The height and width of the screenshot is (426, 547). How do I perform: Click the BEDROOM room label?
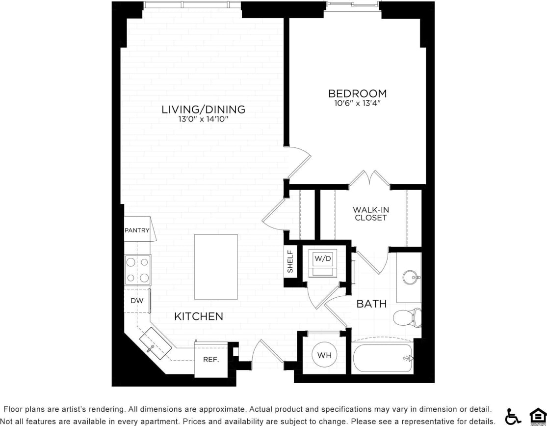click(x=357, y=93)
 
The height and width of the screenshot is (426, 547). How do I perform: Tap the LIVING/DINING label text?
click(x=203, y=109)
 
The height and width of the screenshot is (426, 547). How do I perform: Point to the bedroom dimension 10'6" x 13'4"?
click(x=357, y=104)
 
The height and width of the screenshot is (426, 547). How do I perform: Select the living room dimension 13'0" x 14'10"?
click(x=203, y=119)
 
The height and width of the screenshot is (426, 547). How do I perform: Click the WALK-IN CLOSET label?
click(x=370, y=214)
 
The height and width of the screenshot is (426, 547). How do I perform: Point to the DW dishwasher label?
click(x=136, y=301)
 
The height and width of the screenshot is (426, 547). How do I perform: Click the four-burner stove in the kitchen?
click(x=137, y=270)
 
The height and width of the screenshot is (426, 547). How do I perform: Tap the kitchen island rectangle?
click(x=216, y=267)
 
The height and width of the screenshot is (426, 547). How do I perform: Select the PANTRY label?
click(x=137, y=230)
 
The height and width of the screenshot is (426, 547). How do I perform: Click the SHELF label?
click(x=290, y=261)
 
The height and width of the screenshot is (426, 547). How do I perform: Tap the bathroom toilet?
click(x=408, y=317)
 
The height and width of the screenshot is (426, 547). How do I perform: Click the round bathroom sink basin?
click(x=411, y=278)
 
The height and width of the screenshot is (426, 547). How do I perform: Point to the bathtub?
click(x=383, y=359)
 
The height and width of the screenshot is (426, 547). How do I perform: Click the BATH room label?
click(x=371, y=304)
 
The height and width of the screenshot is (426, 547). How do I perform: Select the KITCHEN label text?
click(x=199, y=316)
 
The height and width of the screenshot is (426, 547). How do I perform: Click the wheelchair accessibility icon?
click(x=513, y=416)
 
